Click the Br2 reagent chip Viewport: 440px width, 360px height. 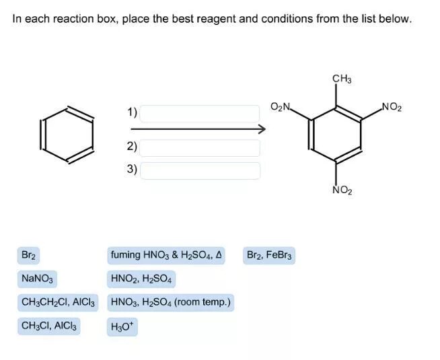28,256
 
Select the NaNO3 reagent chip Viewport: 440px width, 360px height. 37,279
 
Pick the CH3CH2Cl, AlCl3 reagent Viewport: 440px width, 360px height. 59,302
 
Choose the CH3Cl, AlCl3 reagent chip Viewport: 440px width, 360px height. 49,326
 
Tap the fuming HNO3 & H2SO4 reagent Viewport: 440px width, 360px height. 166,256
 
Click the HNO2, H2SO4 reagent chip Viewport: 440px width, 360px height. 141,279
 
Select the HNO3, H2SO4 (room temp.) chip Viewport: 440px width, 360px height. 170,302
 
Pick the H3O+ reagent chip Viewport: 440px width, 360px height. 122,327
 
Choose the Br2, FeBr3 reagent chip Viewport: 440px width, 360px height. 269,256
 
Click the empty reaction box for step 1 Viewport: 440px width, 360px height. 200,113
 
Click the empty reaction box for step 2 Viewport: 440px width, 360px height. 200,147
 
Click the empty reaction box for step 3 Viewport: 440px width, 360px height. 200,170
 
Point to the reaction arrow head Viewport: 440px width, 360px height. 262,129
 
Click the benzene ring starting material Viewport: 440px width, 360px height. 67,135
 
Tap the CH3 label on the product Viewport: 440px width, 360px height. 342,79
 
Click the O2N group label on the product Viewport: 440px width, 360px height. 281,108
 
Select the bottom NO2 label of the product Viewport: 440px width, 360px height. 342,191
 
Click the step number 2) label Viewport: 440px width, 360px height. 132,147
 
